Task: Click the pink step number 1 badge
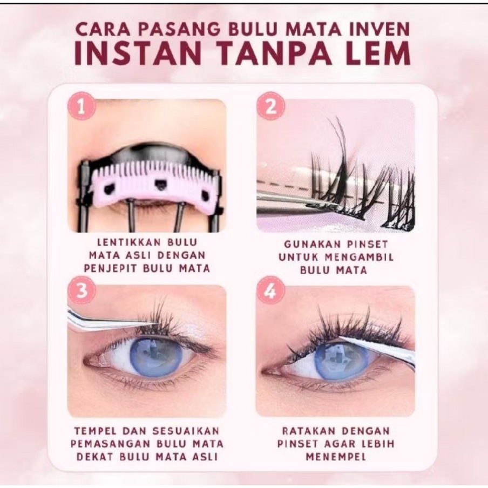click(82, 106)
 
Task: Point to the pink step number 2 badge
click(271, 106)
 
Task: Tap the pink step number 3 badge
click(82, 292)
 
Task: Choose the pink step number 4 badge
click(271, 292)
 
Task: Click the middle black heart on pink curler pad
click(160, 185)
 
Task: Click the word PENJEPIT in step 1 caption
click(111, 268)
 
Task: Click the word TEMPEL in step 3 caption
click(95, 431)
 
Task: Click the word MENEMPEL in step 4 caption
click(336, 457)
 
